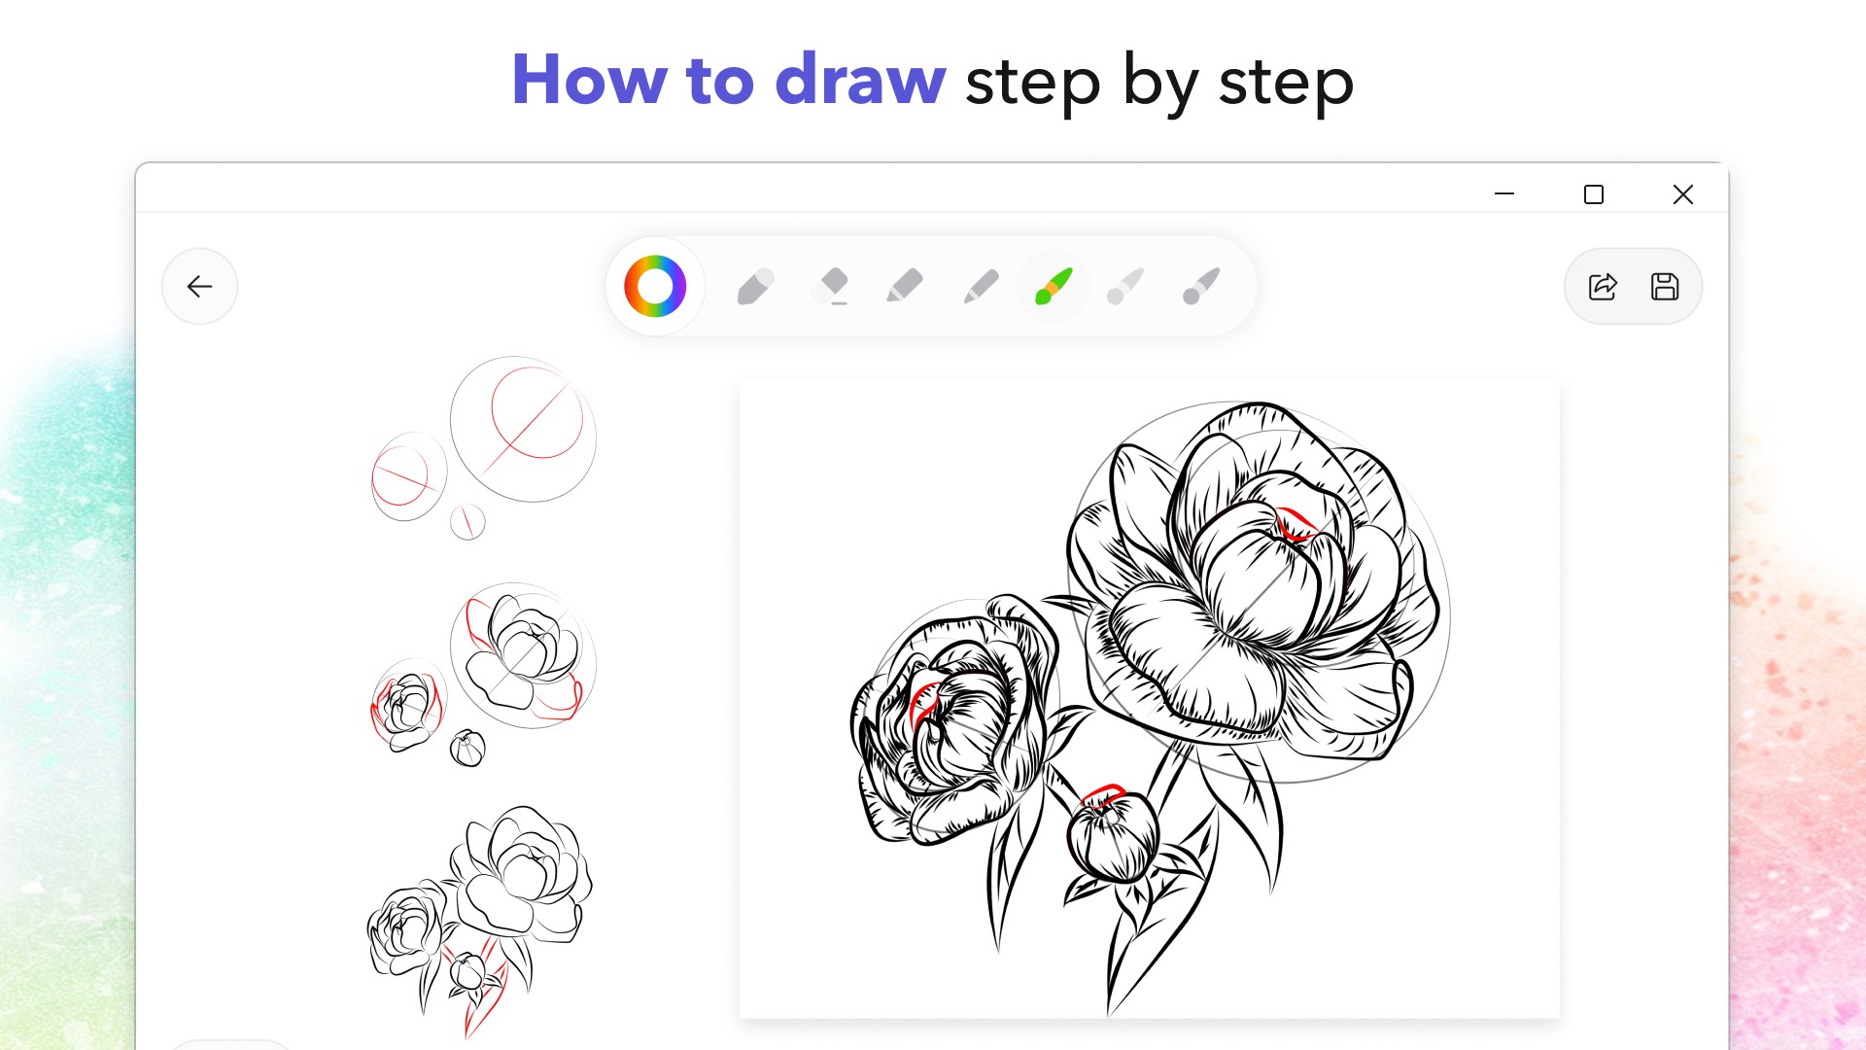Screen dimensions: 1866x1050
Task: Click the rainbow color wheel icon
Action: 655,286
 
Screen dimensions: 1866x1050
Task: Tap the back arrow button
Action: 199,286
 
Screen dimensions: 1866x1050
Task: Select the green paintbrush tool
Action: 1054,286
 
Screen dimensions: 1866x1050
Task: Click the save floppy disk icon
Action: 1665,286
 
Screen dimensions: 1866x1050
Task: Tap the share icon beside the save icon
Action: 1603,286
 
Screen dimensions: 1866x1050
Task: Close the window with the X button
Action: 1683,194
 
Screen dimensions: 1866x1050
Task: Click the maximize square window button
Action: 1594,194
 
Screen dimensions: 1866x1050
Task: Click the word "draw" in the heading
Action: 860,80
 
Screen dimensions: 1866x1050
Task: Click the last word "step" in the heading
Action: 1286,84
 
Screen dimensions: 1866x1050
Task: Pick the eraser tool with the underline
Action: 832,286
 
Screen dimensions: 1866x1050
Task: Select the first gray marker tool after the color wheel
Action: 755,286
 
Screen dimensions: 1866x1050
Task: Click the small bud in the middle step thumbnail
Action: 467,748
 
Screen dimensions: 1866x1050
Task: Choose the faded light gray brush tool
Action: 1125,286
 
